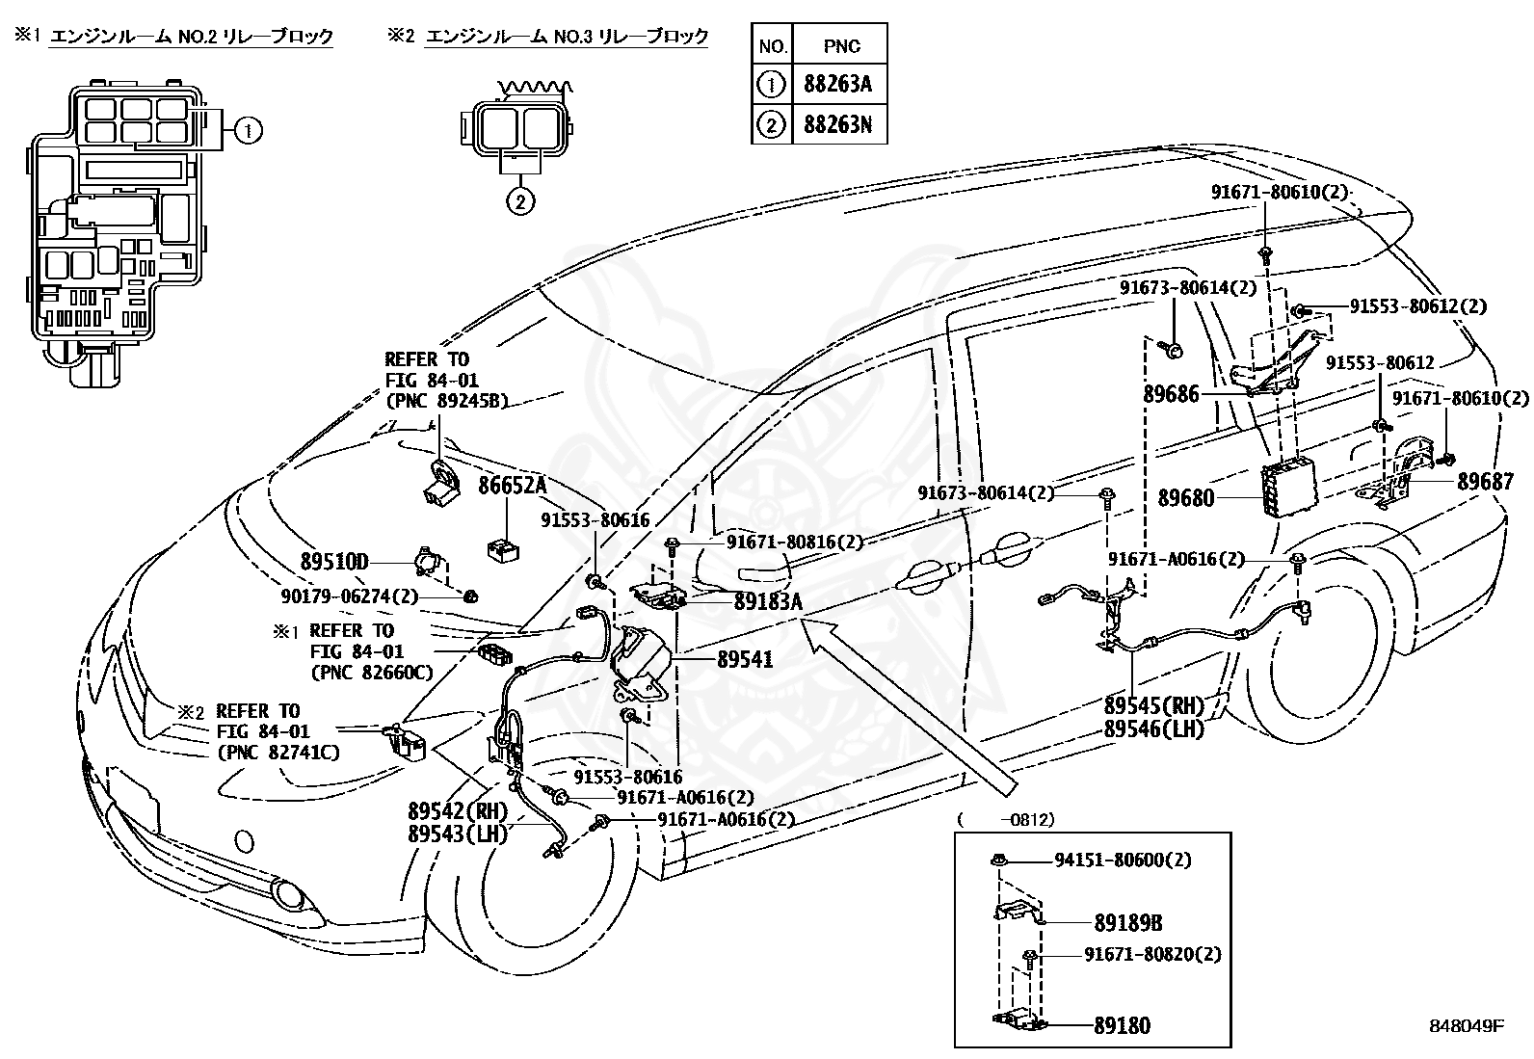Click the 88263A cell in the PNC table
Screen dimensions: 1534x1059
[x=839, y=84]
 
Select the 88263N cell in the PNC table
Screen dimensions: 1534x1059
[x=839, y=124]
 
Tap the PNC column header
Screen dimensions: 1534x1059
[x=841, y=46]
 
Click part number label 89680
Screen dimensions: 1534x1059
[x=1185, y=498]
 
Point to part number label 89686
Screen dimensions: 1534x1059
[x=1171, y=394]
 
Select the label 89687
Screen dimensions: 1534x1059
[x=1485, y=482]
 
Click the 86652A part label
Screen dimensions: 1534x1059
[x=512, y=486]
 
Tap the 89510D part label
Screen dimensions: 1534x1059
[x=334, y=563]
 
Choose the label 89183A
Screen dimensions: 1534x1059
[x=768, y=601]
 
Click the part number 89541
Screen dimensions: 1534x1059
[x=745, y=659]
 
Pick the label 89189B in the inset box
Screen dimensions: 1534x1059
[x=1128, y=923]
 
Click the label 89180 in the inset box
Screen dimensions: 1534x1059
[x=1122, y=1025]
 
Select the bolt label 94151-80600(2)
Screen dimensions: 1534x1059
[x=1124, y=860]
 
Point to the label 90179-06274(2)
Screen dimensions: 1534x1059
[x=349, y=596]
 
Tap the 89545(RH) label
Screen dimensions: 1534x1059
[x=1154, y=705]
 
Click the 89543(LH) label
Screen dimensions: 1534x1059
[x=458, y=834]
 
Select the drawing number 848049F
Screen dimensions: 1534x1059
[x=1467, y=1026]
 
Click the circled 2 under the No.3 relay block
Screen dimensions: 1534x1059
[x=520, y=201]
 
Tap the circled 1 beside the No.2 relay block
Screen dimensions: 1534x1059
[x=249, y=130]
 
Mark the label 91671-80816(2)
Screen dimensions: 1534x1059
[x=794, y=542]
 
